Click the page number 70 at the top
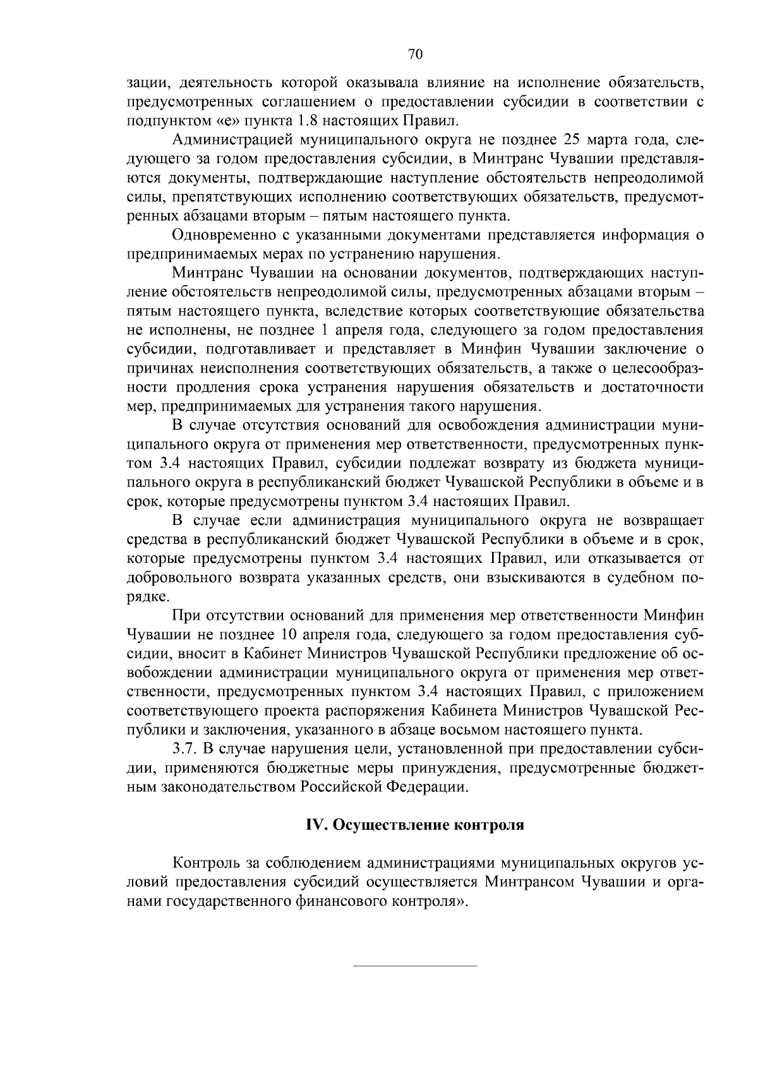tap(415, 54)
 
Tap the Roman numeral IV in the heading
tap(314, 826)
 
